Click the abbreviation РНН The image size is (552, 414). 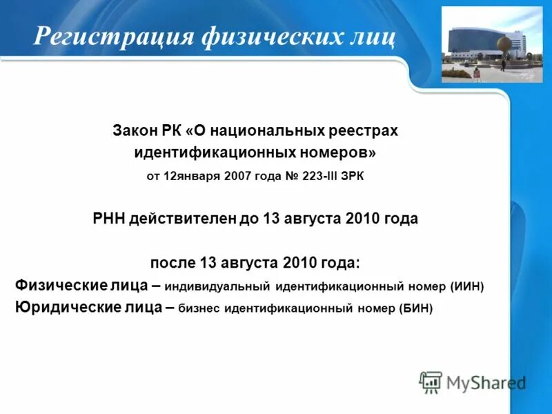point(108,219)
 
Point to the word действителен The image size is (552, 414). point(182,219)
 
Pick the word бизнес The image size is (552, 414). point(199,308)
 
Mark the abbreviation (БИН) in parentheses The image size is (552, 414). point(415,308)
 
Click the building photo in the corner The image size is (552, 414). point(492,44)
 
